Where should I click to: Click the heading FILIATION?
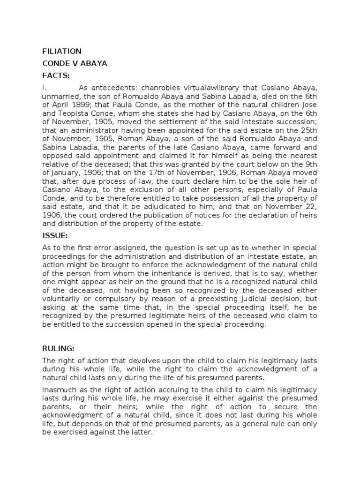click(x=62, y=51)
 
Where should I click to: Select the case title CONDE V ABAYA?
click(x=75, y=63)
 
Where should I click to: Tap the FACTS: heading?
click(x=56, y=75)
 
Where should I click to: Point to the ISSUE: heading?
click(x=55, y=235)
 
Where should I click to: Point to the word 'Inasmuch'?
click(x=60, y=390)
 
